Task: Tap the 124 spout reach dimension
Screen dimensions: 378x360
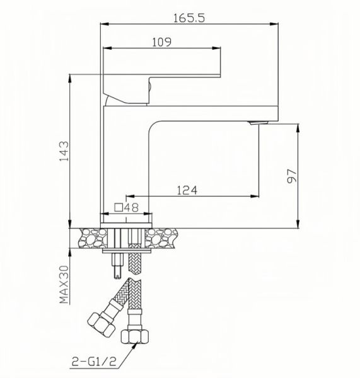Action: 187,189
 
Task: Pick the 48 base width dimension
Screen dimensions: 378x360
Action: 131,206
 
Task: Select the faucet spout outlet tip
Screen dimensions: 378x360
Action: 255,123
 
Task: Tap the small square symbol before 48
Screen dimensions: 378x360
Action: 118,206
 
